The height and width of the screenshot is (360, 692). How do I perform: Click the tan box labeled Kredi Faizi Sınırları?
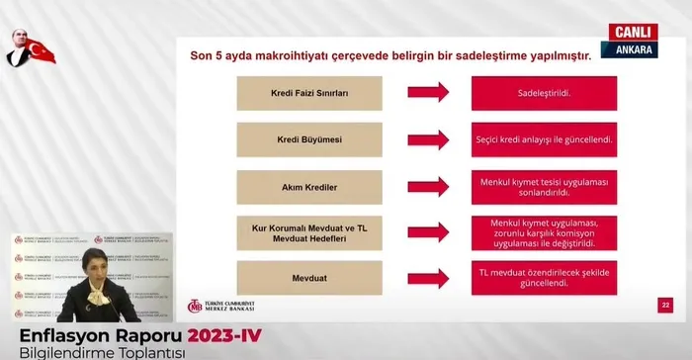point(309,93)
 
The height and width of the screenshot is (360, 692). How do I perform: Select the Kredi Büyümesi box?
point(309,139)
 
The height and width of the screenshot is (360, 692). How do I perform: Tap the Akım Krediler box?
point(309,186)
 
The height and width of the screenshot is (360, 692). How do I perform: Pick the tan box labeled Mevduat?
point(309,278)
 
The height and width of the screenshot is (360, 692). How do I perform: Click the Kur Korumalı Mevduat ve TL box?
point(309,232)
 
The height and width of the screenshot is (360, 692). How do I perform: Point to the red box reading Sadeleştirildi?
point(544,93)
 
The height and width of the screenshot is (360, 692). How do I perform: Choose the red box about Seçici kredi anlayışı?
point(544,139)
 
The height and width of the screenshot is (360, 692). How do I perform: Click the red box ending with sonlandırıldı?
point(544,186)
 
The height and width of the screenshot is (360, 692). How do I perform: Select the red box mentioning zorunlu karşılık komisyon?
point(544,232)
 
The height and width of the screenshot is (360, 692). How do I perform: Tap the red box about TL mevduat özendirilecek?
point(544,278)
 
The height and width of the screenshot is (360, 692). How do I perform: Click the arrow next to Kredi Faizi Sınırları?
point(428,93)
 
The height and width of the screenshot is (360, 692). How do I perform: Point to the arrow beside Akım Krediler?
point(428,186)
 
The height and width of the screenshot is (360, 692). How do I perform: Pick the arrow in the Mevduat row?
point(428,278)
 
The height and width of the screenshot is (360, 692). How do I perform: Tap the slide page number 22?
point(665,307)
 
